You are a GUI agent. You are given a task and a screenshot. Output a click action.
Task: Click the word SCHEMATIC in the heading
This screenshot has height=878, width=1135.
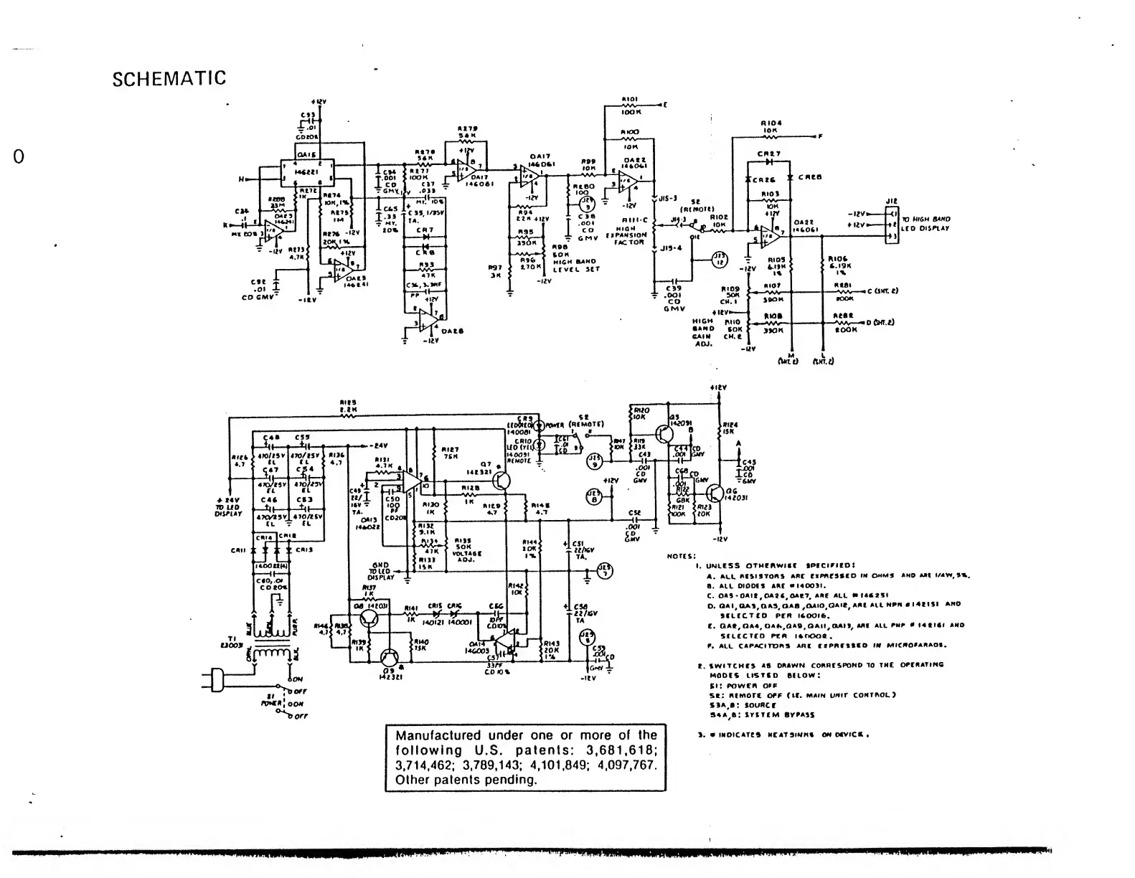(169, 78)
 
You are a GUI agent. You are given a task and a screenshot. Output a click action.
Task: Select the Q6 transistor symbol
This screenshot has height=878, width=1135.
(714, 493)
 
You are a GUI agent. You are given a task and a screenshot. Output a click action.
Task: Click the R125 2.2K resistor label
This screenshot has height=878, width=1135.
(349, 406)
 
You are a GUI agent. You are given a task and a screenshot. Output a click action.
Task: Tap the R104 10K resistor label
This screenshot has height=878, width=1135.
(771, 126)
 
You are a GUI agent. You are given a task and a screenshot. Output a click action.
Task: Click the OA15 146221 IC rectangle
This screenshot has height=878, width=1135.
(307, 169)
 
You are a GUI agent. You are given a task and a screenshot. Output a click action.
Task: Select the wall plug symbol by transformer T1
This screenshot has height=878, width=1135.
(215, 677)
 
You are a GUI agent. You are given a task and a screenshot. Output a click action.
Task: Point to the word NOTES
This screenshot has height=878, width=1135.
(681, 555)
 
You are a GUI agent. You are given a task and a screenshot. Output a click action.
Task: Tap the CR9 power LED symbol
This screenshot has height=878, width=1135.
(542, 425)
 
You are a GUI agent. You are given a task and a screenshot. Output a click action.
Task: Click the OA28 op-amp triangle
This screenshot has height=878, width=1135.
(431, 320)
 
